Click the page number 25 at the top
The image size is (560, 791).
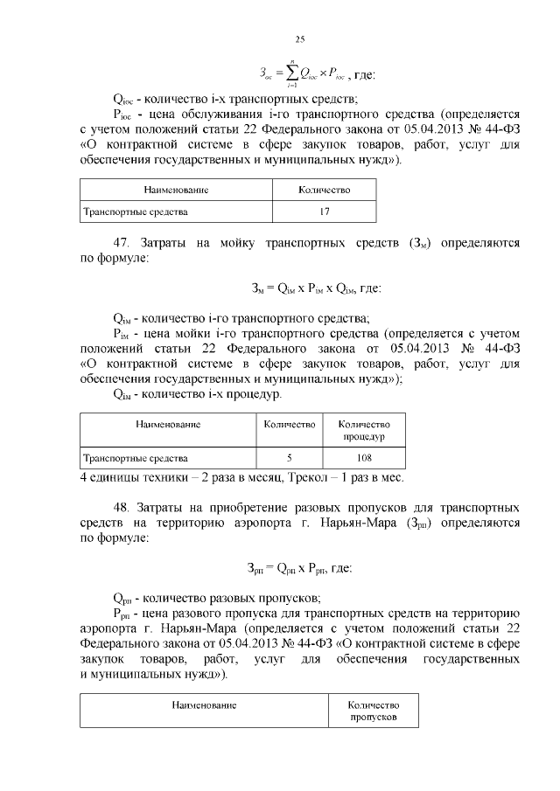click(299, 39)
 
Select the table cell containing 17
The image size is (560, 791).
click(324, 212)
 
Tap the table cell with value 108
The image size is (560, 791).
click(364, 457)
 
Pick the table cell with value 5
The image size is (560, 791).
click(289, 457)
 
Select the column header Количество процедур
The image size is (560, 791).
click(364, 429)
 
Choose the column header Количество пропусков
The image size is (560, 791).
click(374, 710)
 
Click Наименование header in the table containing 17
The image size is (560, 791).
click(176, 190)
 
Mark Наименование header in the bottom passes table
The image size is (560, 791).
click(203, 704)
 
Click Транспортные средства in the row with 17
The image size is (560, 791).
click(134, 212)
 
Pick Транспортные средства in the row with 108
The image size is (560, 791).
click(134, 457)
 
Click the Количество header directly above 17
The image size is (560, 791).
click(324, 190)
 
